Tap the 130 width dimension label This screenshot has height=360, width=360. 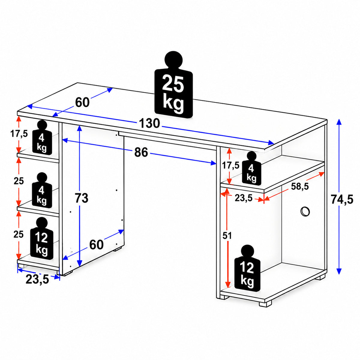point(149,123)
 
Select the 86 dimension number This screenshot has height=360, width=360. point(141,152)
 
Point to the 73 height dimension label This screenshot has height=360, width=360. point(82,198)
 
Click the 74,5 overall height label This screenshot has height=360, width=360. point(342,199)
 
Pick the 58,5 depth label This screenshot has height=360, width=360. point(300,186)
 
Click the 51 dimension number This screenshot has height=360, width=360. point(227,235)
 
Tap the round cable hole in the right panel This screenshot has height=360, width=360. point(305,212)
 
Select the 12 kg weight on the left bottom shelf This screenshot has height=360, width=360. point(42,238)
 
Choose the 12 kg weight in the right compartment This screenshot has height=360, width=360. point(247,271)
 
